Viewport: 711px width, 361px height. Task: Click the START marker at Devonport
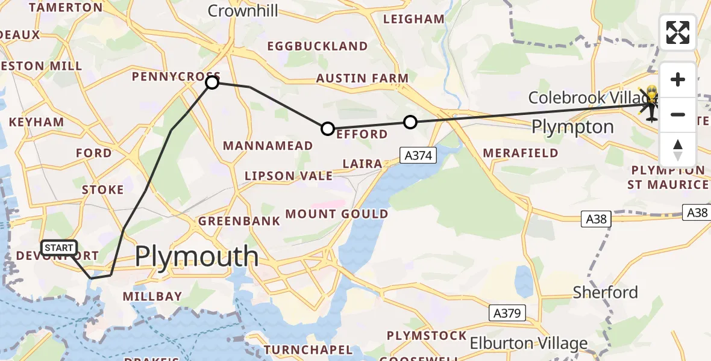point(59,248)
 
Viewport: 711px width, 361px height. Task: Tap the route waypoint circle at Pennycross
point(212,82)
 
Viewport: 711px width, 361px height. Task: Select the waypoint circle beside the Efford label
point(327,128)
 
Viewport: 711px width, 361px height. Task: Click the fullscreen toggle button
point(678,32)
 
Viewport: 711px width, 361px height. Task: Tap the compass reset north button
point(678,150)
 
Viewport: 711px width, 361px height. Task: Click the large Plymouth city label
point(196,257)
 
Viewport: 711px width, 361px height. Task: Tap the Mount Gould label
point(337,214)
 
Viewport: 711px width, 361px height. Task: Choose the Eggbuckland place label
point(317,46)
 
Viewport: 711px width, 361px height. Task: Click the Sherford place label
point(605,292)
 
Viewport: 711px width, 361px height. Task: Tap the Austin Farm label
point(362,78)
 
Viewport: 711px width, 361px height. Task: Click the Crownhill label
point(243,11)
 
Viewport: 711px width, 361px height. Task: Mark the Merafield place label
point(521,153)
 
